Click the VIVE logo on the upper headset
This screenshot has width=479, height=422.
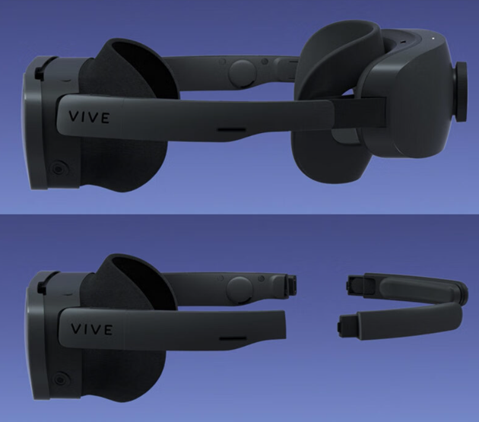pyautogui.click(x=89, y=117)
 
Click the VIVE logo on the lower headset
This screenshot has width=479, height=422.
pyautogui.click(x=92, y=329)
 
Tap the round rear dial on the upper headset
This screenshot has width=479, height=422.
pyautogui.click(x=462, y=92)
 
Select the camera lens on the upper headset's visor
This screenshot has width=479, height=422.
pyautogui.click(x=58, y=168)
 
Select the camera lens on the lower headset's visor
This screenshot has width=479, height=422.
pyautogui.click(x=60, y=379)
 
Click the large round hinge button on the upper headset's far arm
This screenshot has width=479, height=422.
pyautogui.click(x=241, y=73)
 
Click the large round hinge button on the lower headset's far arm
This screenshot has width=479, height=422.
pyautogui.click(x=240, y=289)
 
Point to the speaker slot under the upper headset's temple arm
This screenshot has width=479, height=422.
pyautogui.click(x=231, y=130)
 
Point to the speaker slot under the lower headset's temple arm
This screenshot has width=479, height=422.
pyautogui.click(x=233, y=339)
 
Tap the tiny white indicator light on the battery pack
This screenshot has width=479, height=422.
pyautogui.click(x=433, y=38)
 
